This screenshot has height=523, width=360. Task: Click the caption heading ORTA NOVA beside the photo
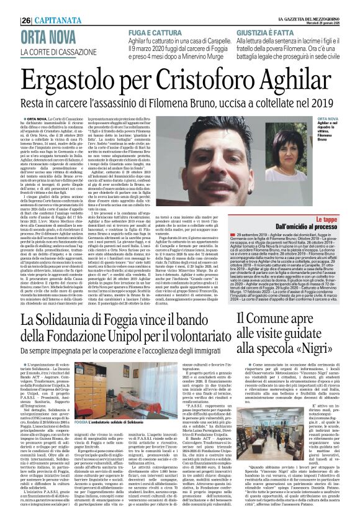[327, 117]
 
